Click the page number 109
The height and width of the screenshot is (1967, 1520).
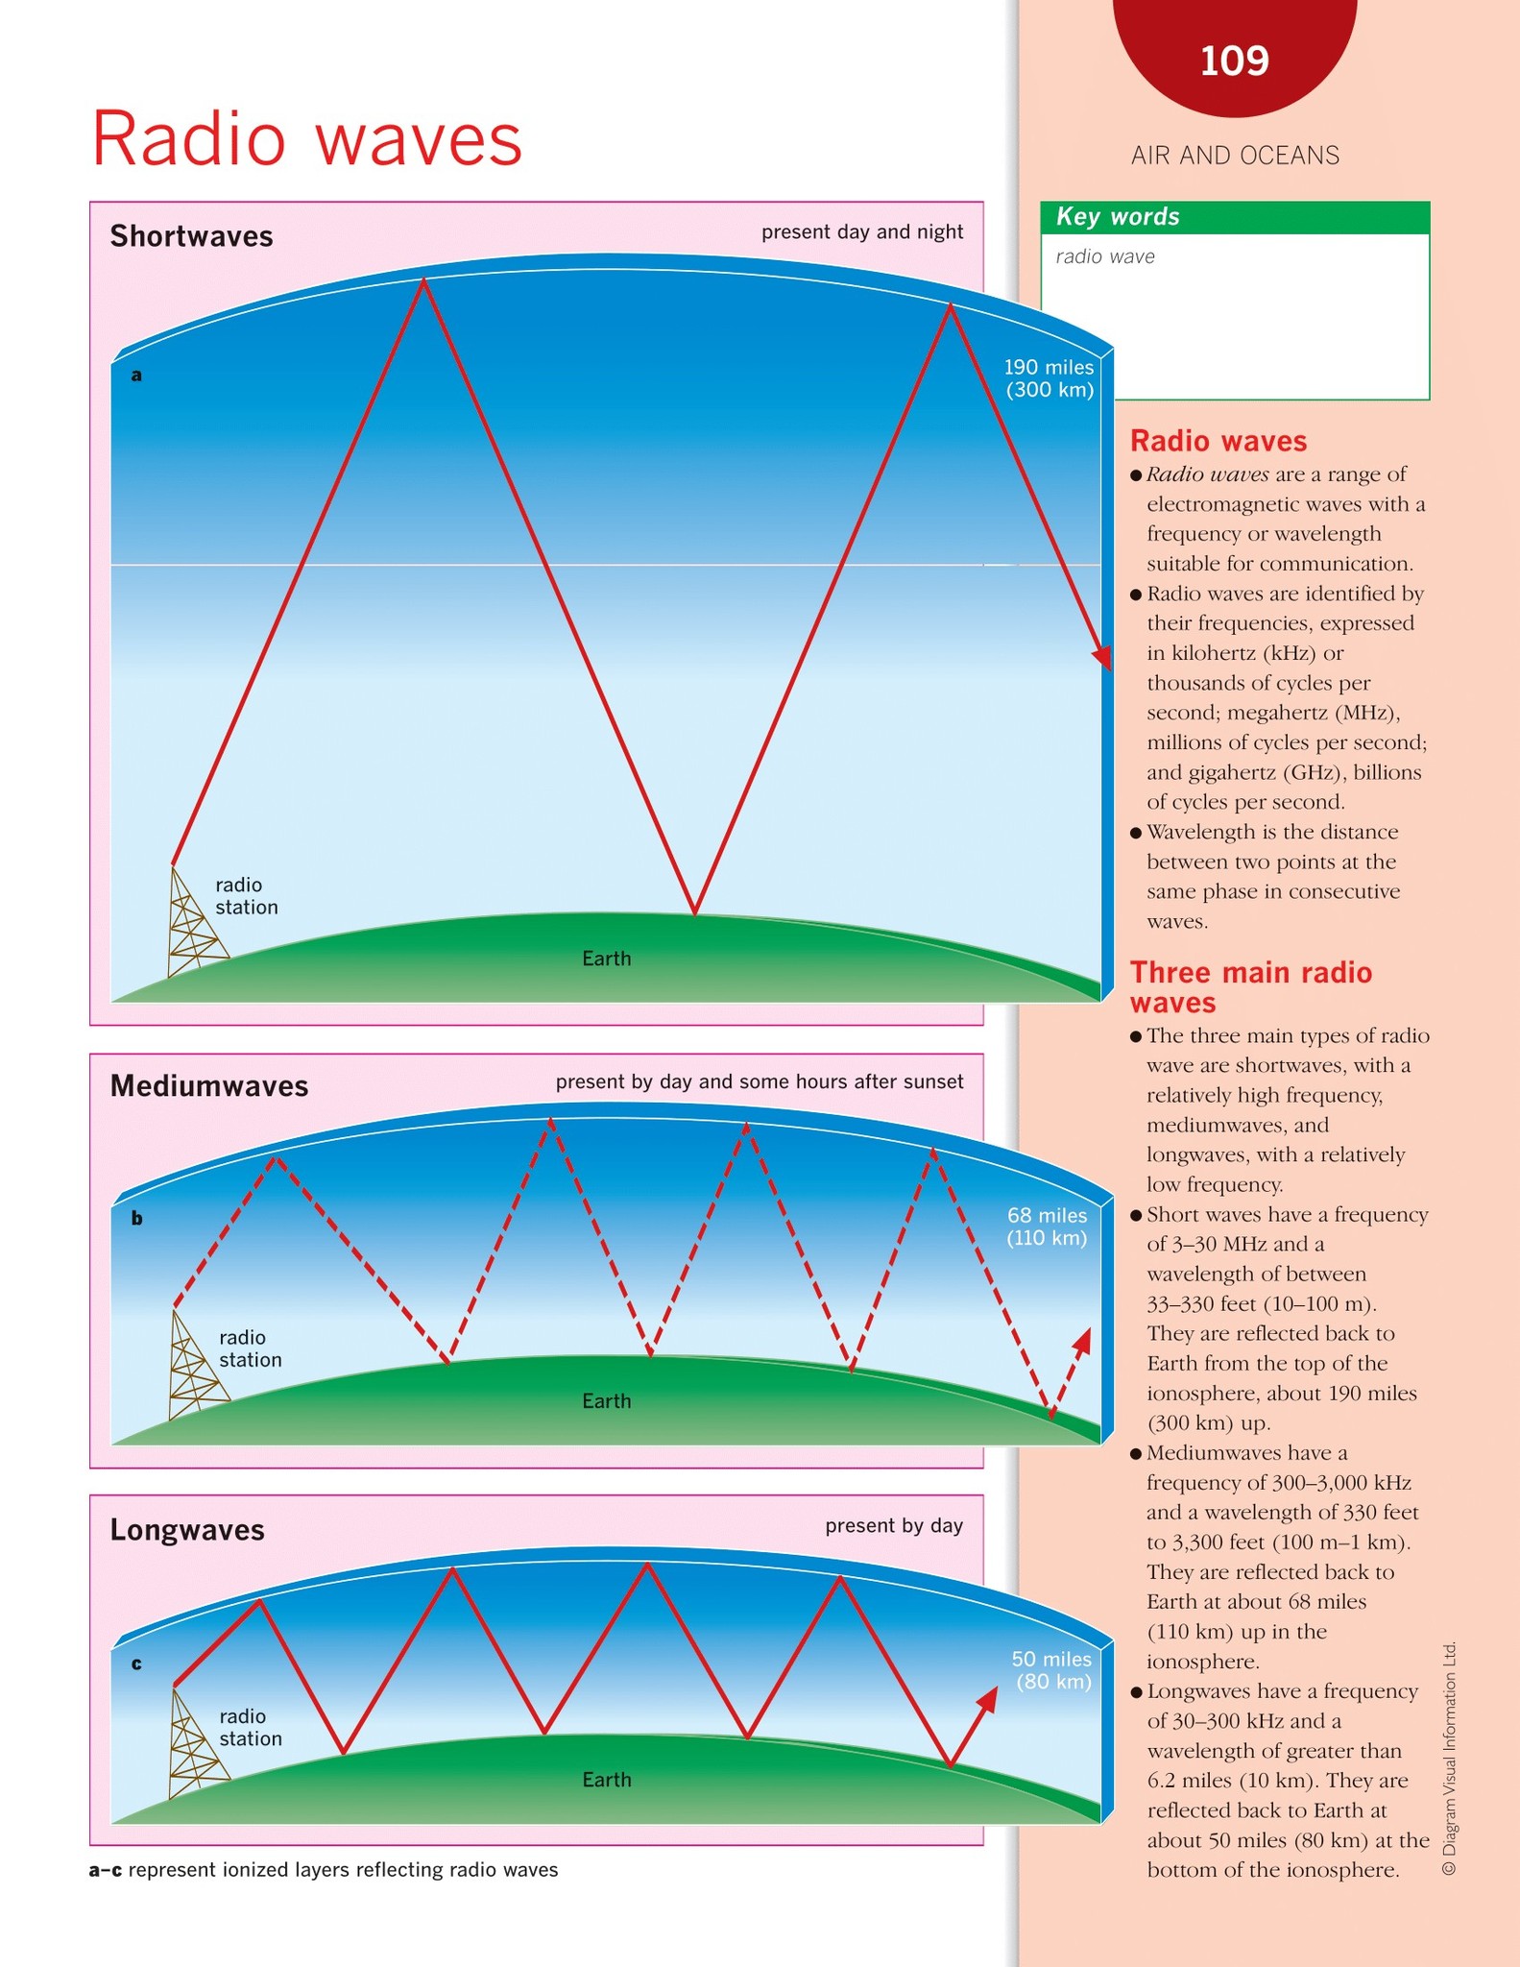[x=1235, y=61]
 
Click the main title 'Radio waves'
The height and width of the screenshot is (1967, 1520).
[x=306, y=138]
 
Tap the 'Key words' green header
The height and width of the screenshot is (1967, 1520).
[x=1235, y=217]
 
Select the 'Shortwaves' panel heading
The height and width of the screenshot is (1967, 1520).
[x=191, y=236]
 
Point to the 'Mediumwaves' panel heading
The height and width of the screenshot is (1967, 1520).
[x=209, y=1086]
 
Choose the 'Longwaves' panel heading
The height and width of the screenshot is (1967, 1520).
[x=187, y=1529]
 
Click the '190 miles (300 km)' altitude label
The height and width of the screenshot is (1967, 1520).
[x=1049, y=378]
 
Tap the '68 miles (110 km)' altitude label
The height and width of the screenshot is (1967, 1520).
[x=1047, y=1226]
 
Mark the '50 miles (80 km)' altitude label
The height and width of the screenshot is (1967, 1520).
[x=1052, y=1670]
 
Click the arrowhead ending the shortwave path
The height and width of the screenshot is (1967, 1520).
[x=1102, y=657]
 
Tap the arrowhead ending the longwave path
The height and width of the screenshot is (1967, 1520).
[x=986, y=1700]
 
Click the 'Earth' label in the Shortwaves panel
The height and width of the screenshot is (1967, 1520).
[x=607, y=959]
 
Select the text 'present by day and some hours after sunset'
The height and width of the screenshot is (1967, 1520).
[x=760, y=1082]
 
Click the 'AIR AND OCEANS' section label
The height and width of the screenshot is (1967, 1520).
[x=1235, y=156]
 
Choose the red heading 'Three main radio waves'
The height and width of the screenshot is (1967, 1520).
[x=1251, y=987]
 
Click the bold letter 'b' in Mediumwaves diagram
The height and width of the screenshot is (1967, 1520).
[x=136, y=1218]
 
